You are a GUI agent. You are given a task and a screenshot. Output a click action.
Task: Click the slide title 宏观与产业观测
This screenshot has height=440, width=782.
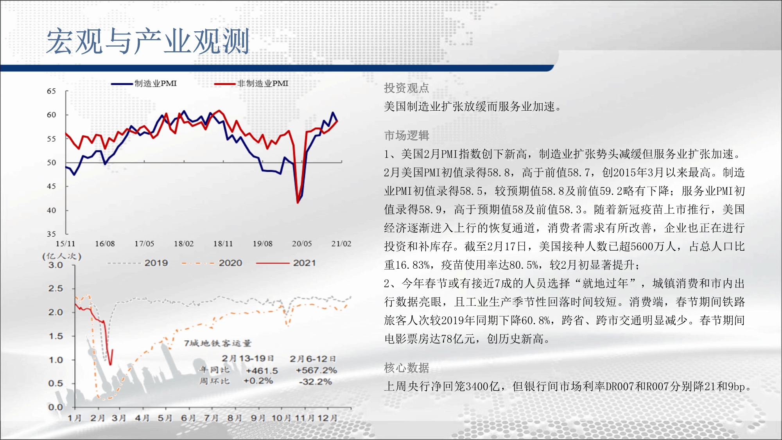pyautogui.click(x=148, y=41)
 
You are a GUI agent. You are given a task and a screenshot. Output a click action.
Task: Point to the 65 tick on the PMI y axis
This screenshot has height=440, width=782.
pyautogui.click(x=51, y=91)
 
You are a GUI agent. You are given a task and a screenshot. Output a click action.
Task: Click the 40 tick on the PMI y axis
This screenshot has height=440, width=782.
pyautogui.click(x=51, y=210)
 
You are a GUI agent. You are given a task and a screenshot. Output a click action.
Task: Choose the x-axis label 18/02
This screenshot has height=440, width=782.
pyautogui.click(x=184, y=244)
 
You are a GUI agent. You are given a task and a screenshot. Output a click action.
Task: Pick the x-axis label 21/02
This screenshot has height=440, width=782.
pyautogui.click(x=341, y=244)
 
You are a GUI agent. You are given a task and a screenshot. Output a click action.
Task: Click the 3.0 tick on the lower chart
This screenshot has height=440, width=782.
pyautogui.click(x=56, y=265)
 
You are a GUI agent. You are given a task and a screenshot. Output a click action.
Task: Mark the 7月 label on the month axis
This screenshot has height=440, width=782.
pyautogui.click(x=212, y=418)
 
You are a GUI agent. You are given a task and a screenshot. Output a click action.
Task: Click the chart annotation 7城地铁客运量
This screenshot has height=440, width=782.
pyautogui.click(x=218, y=343)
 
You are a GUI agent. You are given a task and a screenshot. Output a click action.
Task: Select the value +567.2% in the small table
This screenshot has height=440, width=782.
pyautogui.click(x=316, y=370)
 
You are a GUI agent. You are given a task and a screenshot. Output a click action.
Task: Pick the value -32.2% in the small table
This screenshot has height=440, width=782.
pyautogui.click(x=315, y=382)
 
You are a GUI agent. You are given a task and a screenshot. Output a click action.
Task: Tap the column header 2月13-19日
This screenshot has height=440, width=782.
pyautogui.click(x=248, y=358)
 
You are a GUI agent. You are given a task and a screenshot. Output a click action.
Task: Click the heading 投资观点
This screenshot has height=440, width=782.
pyautogui.click(x=407, y=88)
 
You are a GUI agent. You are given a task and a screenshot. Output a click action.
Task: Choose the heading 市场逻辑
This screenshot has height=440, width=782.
pyautogui.click(x=407, y=135)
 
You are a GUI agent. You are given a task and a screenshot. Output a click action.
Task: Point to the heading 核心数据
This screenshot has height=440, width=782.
pyautogui.click(x=407, y=368)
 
